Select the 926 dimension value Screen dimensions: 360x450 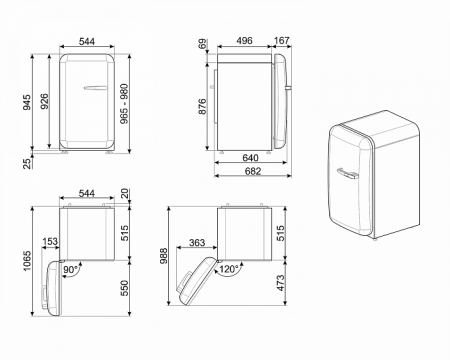click(44, 101)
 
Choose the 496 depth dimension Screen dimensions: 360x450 click(244, 42)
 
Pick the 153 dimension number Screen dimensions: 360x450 click(49, 241)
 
